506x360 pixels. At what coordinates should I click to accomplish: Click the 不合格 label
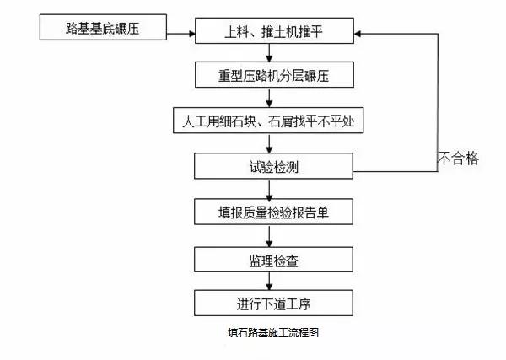pos(457,158)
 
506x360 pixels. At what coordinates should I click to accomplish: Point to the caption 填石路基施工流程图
pos(268,333)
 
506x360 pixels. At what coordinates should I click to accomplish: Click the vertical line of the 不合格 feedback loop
pos(437,101)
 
